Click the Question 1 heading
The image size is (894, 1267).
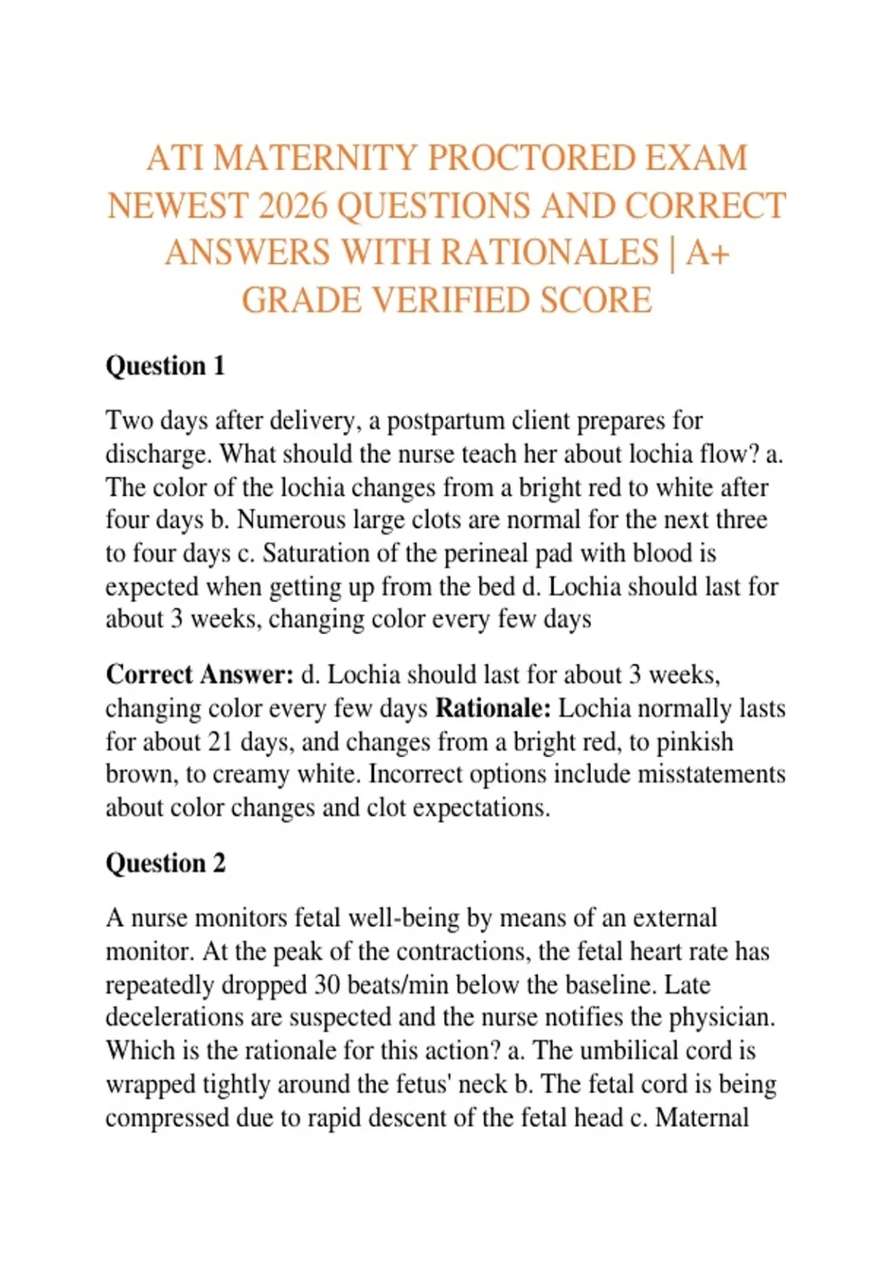(x=165, y=366)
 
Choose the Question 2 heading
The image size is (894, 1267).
(x=165, y=863)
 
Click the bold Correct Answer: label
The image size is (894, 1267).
(x=200, y=674)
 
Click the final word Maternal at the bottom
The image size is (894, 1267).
(x=702, y=1118)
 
